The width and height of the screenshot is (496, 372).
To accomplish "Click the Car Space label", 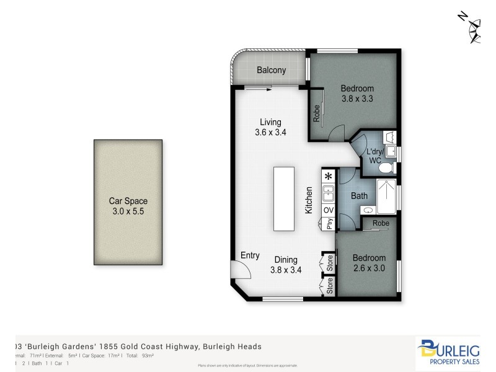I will click(128, 201).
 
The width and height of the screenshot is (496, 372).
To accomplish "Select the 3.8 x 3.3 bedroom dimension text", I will click(358, 98).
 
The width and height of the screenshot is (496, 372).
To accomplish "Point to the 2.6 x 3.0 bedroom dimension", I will click(369, 268).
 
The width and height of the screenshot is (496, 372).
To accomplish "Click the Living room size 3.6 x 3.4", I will click(270, 132).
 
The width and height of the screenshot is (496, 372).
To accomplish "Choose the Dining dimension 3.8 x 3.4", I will click(286, 270).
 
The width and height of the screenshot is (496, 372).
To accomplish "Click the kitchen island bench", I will click(285, 198).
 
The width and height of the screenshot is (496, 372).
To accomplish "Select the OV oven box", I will click(329, 211).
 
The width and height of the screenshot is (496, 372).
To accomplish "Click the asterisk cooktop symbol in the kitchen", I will click(329, 177).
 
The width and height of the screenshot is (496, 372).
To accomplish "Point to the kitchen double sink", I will click(329, 194).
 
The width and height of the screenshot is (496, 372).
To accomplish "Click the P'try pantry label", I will click(329, 224).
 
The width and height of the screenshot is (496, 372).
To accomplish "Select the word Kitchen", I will click(308, 200).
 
